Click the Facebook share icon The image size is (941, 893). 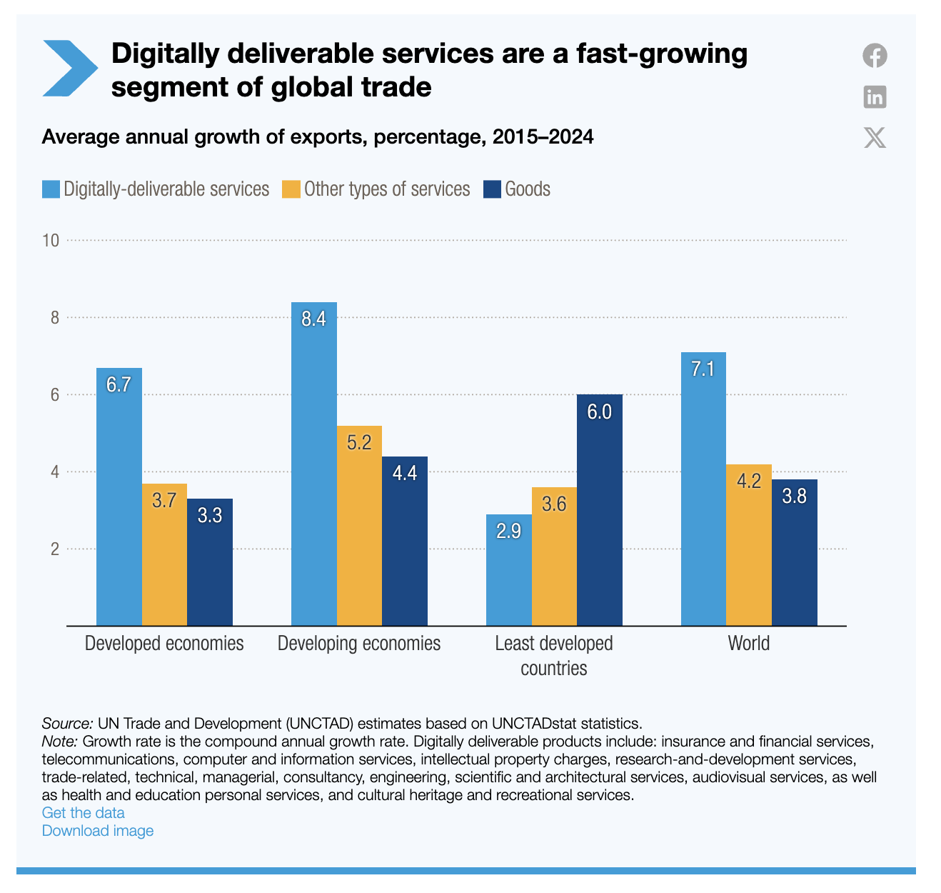pos(875,56)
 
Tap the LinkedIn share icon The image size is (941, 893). pos(875,96)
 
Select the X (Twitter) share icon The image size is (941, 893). pos(875,137)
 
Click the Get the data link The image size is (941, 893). pos(83,812)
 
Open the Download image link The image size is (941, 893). pos(97,830)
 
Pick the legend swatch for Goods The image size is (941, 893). pos(492,189)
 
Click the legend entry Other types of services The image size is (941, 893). pos(386,189)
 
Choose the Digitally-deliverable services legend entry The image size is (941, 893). pos(166,189)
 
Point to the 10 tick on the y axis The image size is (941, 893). pos(50,240)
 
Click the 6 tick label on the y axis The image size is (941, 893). pos(54,394)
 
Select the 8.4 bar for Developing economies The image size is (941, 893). pos(313,464)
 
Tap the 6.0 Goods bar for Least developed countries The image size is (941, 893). pos(599,510)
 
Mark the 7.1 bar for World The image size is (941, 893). pos(703,489)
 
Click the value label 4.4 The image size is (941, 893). pos(405,473)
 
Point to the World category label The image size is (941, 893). pos(748,643)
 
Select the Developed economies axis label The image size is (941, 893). pos(164,643)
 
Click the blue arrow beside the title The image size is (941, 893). pos(69,69)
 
